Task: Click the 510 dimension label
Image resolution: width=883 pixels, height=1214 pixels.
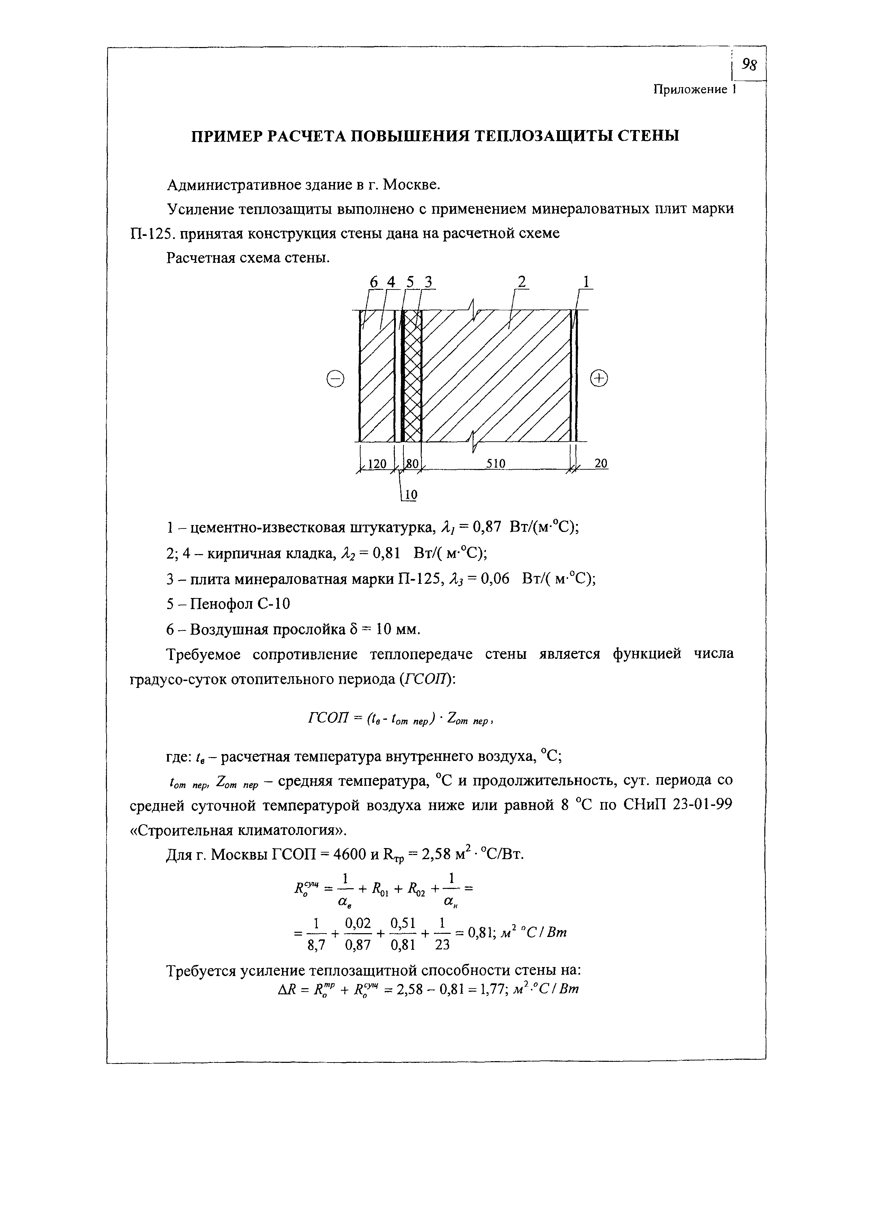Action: tap(495, 463)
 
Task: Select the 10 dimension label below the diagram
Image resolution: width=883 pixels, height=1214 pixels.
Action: tap(410, 496)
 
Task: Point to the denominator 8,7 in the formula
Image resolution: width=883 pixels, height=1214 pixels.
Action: tap(317, 946)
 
